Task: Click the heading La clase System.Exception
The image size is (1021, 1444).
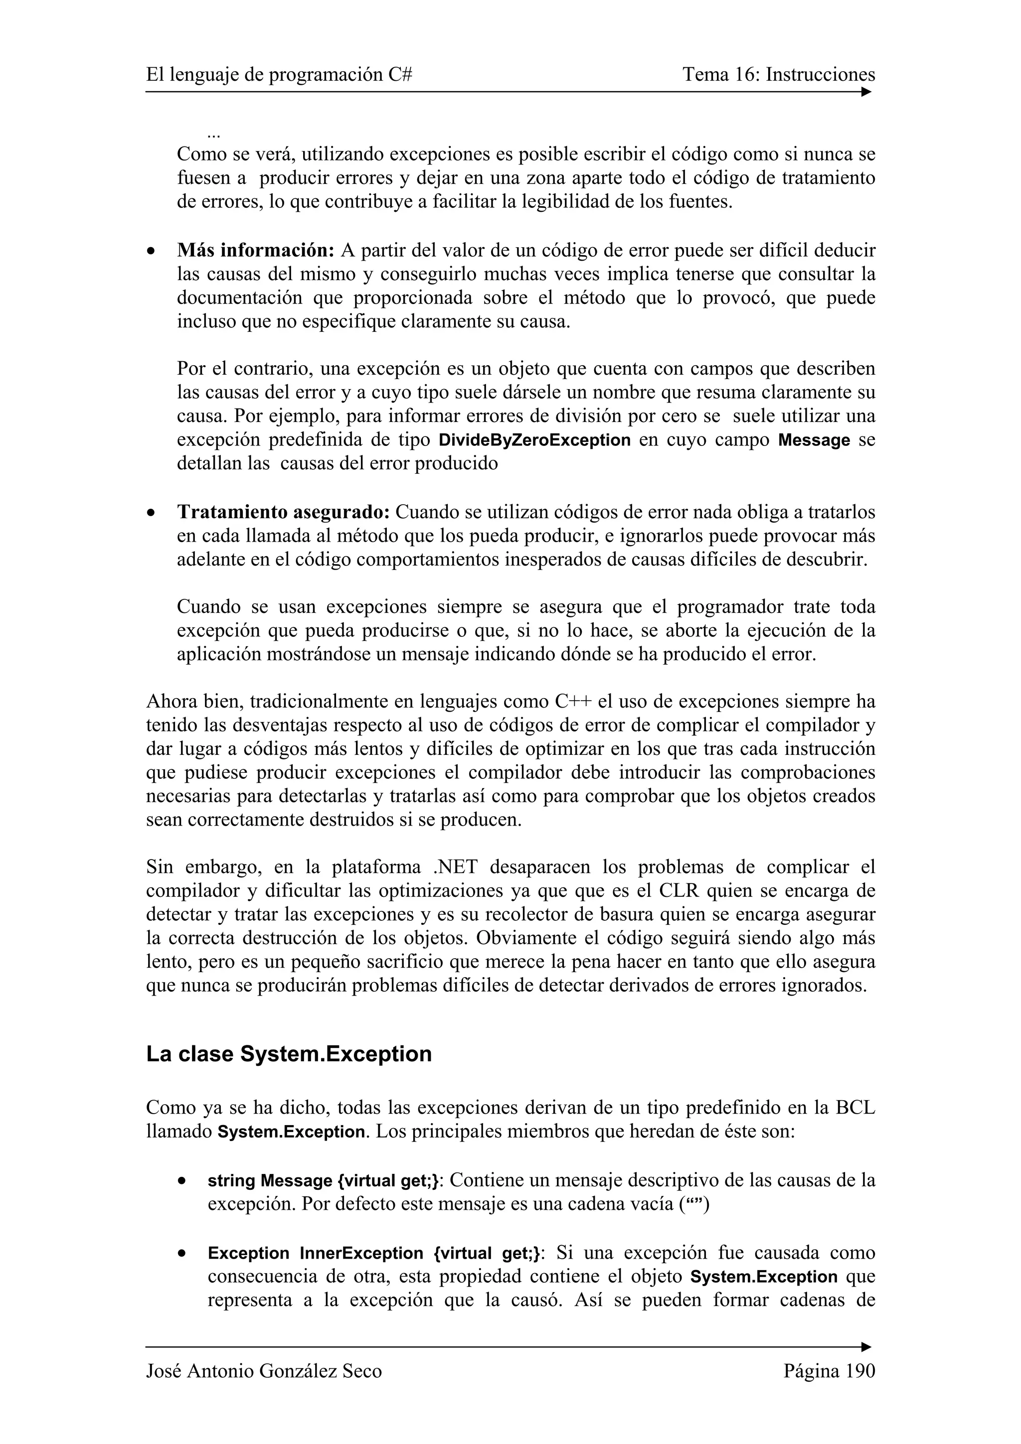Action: (x=289, y=1054)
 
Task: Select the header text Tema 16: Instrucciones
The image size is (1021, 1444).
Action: (x=778, y=75)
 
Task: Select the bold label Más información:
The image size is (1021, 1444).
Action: (x=255, y=250)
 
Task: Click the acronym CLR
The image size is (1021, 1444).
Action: (x=678, y=891)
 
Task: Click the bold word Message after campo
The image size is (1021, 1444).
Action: (x=814, y=440)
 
